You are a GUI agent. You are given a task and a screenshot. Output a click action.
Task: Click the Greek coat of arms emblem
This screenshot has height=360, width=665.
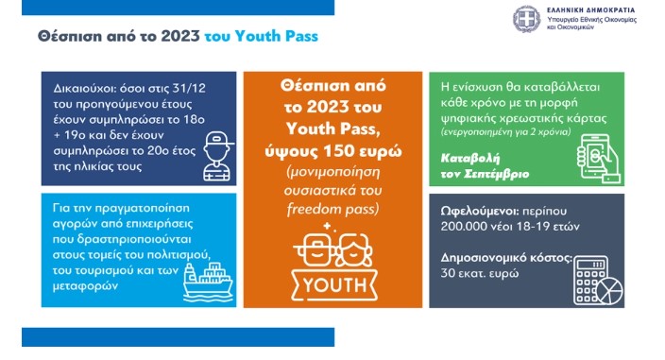(526, 19)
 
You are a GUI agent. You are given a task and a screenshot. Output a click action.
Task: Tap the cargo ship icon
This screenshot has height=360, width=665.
(208, 282)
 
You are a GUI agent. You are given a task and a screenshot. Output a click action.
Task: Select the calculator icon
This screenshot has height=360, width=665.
(590, 281)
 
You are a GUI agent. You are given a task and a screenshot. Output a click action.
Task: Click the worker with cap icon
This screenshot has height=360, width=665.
(217, 157)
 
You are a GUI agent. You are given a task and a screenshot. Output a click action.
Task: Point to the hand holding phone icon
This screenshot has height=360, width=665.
(599, 159)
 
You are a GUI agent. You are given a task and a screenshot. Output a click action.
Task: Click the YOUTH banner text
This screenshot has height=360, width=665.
(334, 285)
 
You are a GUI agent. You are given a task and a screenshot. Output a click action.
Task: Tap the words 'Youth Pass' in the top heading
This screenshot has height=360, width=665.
(276, 37)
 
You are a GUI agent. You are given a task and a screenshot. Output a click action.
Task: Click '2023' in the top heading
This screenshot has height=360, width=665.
(180, 37)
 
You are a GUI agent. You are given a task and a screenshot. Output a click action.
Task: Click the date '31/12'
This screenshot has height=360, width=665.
(189, 88)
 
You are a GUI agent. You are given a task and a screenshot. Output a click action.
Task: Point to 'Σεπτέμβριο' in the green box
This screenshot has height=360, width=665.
(497, 174)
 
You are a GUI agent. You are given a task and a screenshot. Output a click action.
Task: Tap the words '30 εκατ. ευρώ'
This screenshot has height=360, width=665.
(480, 273)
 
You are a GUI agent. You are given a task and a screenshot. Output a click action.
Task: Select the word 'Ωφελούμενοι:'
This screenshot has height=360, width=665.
(479, 211)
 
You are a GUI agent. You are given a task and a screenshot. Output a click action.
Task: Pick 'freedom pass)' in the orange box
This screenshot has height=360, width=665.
(332, 209)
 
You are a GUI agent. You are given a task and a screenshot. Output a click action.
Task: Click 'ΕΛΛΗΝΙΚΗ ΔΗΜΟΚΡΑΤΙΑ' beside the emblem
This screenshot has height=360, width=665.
(590, 10)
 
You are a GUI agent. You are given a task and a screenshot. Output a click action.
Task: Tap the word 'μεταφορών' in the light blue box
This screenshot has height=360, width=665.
(85, 286)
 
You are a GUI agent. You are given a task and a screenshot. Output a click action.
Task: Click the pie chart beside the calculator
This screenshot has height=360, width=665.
(609, 291)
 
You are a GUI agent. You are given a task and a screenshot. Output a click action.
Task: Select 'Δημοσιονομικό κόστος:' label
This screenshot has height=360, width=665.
(506, 258)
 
